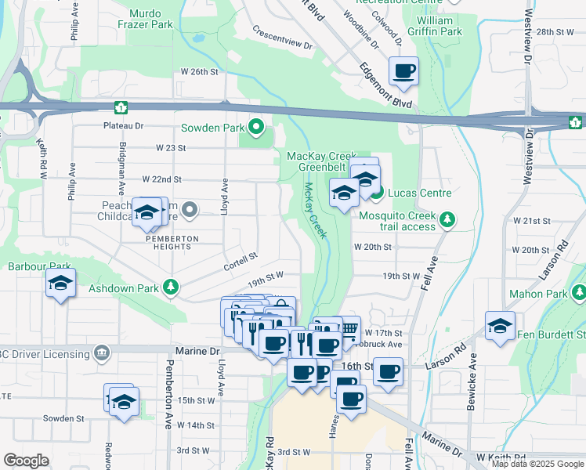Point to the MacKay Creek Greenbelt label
(317, 161)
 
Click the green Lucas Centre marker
(377, 193)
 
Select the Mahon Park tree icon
(578, 294)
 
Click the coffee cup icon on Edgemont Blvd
(403, 71)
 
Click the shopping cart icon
(348, 327)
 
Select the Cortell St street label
(241, 258)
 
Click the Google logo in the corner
(26, 461)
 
